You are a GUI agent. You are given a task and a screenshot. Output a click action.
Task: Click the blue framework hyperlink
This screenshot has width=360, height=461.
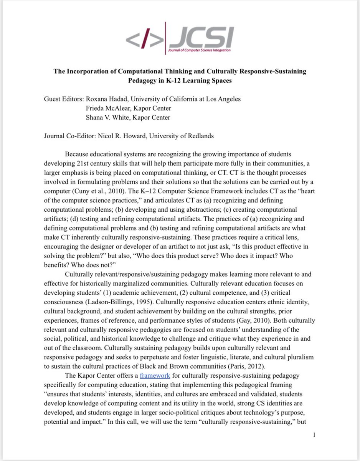coord(155,375)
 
